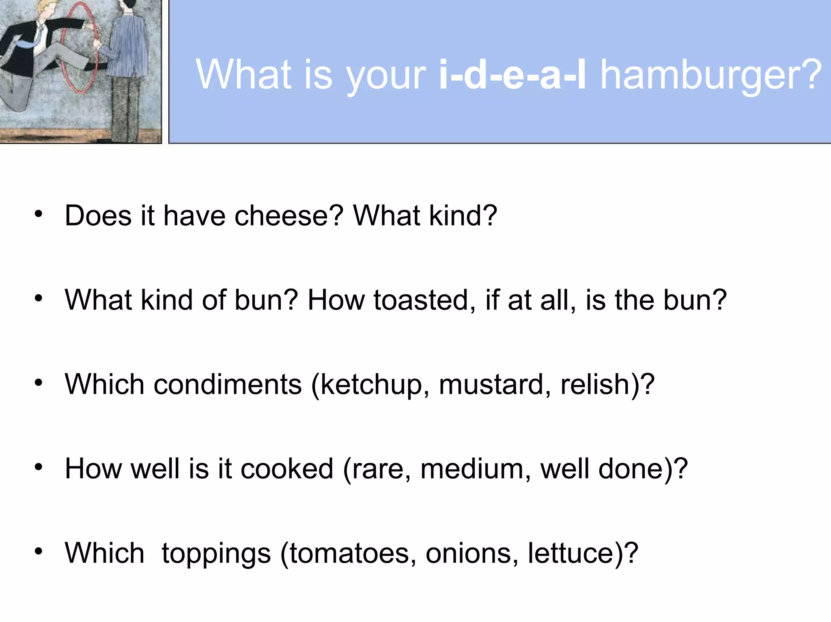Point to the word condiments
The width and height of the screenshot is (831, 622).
pyautogui.click(x=228, y=384)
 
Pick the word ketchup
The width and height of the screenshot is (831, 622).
pyautogui.click(x=371, y=385)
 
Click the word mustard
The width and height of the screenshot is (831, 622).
pyautogui.click(x=490, y=384)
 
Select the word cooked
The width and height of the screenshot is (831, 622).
pyautogui.click(x=287, y=469)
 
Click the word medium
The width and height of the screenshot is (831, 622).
pyautogui.click(x=471, y=469)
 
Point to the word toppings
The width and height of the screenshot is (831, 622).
pyautogui.click(x=216, y=554)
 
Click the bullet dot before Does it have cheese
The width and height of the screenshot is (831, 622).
pyautogui.click(x=39, y=214)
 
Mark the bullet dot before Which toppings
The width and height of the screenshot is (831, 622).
pyautogui.click(x=39, y=551)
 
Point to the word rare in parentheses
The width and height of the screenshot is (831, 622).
pyautogui.click(x=377, y=469)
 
